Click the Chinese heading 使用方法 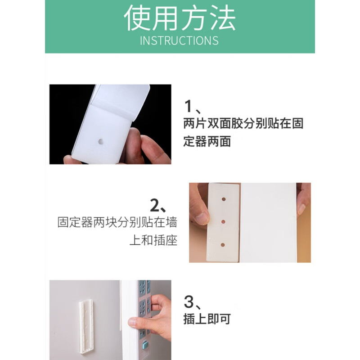point(180,18)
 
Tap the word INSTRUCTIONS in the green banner point(179,40)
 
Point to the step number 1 point(189,107)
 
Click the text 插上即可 point(207,319)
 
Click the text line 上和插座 point(153,240)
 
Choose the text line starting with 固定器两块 point(117,222)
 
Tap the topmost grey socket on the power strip point(143,286)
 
